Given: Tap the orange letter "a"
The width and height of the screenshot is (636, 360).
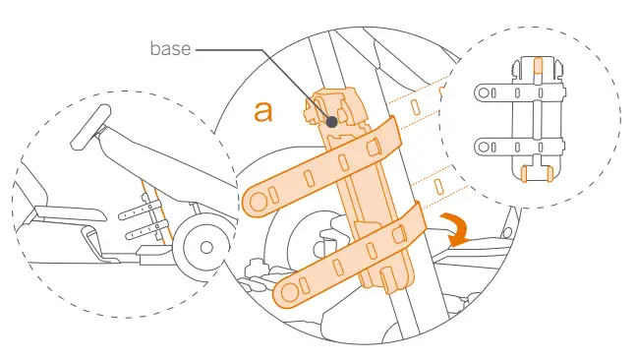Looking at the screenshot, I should tap(263, 110).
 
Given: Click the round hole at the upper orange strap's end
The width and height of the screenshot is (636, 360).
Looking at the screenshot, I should tap(258, 201).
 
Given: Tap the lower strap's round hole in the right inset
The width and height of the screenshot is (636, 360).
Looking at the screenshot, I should tap(482, 147).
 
